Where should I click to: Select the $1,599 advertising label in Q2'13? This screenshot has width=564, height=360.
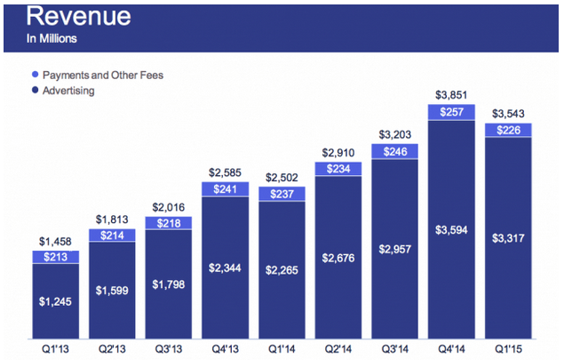coord(112,292)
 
